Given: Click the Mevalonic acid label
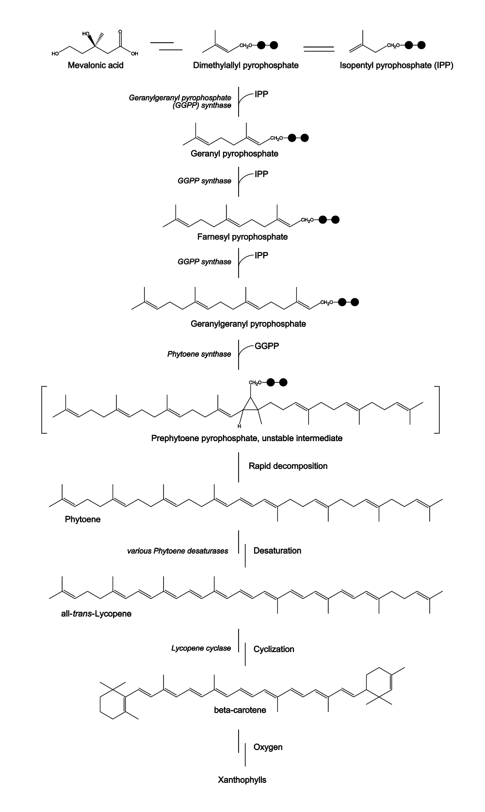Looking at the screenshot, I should click(96, 65).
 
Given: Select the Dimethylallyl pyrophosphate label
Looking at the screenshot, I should click(245, 65).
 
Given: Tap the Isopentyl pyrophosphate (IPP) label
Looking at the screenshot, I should click(397, 65).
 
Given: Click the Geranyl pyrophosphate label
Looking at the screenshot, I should click(234, 154).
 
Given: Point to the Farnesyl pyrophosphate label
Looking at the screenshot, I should click(242, 237).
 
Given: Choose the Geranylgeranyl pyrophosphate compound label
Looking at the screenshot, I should click(248, 323).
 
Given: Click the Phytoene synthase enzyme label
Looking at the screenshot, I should click(199, 354).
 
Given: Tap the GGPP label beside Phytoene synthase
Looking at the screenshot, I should click(267, 346).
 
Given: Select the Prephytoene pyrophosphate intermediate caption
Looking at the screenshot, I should click(246, 438).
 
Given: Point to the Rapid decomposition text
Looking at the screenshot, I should click(288, 466).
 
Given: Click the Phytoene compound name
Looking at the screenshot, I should click(82, 519).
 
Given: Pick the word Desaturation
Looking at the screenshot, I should click(277, 551).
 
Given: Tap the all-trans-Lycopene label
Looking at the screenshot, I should click(99, 614).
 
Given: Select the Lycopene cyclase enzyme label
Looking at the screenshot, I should click(201, 648).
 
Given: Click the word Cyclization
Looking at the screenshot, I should click(274, 649).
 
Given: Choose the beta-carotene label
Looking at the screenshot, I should click(240, 710).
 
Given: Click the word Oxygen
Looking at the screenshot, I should click(268, 747).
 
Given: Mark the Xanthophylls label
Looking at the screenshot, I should click(242, 780).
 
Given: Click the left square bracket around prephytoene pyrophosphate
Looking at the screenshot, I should click(44, 410).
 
